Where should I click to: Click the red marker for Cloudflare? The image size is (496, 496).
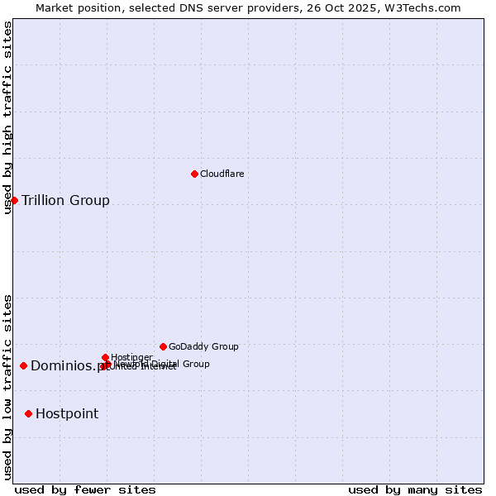tap(194, 174)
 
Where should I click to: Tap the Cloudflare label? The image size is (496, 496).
tap(222, 174)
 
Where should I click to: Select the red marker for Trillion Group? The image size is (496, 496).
tap(14, 200)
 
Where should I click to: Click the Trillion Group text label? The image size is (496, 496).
tap(65, 200)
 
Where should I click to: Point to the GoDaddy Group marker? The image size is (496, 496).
tap(163, 346)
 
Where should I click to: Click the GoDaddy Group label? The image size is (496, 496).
tap(203, 346)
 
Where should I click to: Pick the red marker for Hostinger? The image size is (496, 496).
tap(105, 357)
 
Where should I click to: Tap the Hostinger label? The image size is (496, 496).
tap(131, 357)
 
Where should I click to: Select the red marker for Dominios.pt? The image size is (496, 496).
tap(23, 365)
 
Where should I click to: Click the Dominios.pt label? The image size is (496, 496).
tap(66, 366)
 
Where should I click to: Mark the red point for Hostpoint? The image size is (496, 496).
tap(28, 413)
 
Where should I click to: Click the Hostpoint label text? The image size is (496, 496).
tap(67, 413)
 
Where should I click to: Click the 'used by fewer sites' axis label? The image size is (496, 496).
tap(85, 489)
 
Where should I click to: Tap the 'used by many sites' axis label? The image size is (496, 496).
tap(415, 489)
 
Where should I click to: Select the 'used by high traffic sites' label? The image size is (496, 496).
tap(8, 117)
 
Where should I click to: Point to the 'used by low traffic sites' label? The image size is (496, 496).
tap(8, 387)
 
